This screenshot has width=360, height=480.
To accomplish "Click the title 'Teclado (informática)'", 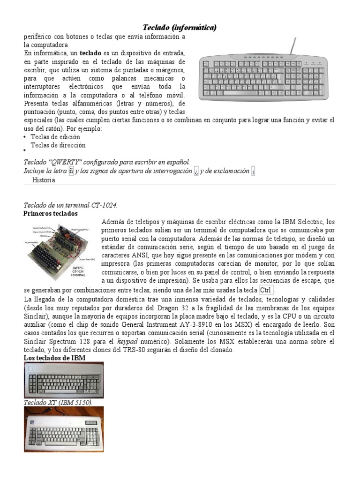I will point(180,28).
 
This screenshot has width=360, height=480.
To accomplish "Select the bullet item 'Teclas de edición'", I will point(55,137).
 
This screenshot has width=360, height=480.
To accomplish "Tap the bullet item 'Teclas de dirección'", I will point(58,145).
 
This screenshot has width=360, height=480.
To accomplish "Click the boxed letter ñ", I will point(71,171).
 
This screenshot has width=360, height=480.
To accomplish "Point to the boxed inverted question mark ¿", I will point(196,171).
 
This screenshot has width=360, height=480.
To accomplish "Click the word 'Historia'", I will point(44,180).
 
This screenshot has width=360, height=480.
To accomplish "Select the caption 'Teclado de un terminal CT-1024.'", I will point(70,205).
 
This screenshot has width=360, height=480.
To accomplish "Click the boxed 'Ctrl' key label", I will point(266,290).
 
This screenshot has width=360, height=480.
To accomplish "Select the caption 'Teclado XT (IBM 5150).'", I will point(58,403).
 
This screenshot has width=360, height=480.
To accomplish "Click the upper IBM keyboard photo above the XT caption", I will point(64,380).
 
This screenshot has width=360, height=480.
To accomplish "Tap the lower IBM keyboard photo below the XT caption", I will point(64,429).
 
